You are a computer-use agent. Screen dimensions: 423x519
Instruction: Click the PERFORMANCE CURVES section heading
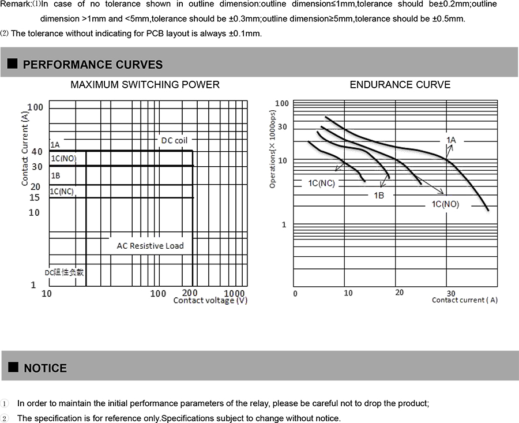click(92, 65)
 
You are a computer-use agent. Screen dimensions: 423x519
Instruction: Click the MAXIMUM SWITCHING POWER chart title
click(145, 85)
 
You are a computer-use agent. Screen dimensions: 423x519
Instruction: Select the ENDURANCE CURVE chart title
click(400, 85)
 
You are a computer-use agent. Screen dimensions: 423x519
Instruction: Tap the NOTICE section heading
click(45, 368)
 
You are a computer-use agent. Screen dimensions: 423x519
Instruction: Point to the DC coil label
click(174, 140)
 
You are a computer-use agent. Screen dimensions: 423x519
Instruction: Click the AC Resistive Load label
click(150, 246)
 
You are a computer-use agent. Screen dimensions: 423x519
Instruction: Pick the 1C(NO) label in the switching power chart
click(63, 158)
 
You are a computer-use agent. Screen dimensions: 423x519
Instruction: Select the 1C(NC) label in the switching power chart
click(62, 192)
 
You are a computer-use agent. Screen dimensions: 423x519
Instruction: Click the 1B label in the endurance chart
click(379, 196)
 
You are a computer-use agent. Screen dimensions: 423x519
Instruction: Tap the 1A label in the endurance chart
click(451, 140)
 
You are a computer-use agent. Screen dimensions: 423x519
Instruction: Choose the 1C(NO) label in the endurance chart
click(445, 204)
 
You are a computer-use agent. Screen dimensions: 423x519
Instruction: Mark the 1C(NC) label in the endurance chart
click(321, 184)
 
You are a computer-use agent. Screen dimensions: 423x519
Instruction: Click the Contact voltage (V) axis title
click(210, 301)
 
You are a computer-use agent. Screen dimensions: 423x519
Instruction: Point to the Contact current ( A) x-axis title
click(464, 300)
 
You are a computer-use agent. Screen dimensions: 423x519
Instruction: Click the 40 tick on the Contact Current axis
click(36, 152)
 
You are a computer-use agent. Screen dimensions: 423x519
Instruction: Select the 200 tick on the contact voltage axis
click(190, 293)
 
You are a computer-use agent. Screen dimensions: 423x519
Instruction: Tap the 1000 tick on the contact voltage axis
click(234, 293)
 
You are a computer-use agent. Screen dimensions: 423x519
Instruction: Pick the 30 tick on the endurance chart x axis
click(450, 293)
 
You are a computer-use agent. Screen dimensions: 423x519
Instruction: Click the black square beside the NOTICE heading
click(12, 368)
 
